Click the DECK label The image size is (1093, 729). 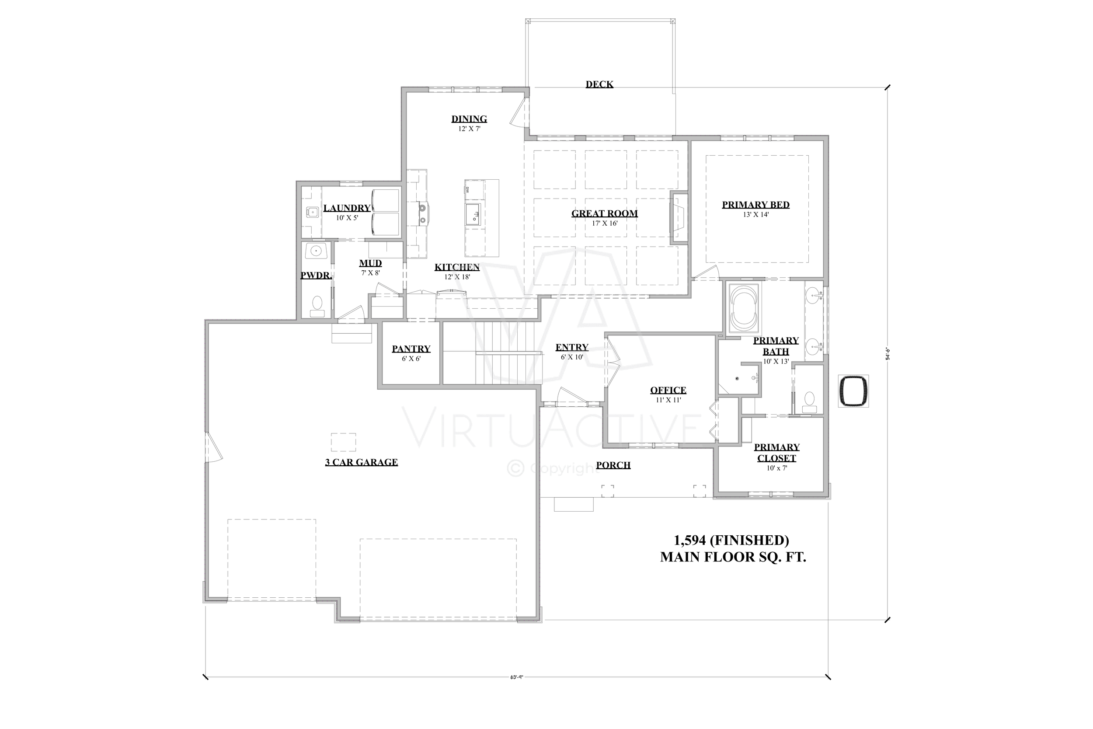[599, 84]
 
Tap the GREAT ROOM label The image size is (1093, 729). [604, 213]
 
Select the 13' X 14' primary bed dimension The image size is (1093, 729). [755, 215]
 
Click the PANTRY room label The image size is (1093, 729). [411, 349]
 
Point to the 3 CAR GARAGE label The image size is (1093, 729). [361, 462]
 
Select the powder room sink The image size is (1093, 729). [317, 251]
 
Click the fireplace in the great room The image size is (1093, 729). [678, 218]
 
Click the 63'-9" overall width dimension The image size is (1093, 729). [516, 677]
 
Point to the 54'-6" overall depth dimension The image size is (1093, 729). [887, 354]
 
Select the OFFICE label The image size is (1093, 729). [668, 390]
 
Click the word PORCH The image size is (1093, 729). [613, 465]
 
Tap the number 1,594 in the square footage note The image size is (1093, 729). [689, 540]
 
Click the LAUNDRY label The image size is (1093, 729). [347, 208]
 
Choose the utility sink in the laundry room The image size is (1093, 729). [311, 213]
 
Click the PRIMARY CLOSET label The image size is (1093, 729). [776, 452]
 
